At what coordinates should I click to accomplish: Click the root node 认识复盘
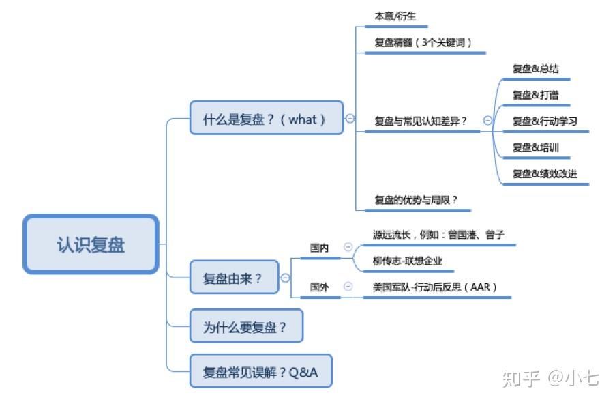(91, 244)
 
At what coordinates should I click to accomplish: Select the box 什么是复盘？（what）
(267, 118)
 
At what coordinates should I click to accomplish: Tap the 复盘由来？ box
(234, 277)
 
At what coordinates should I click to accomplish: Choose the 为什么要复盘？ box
(246, 326)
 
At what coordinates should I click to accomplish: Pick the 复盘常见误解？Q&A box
(261, 371)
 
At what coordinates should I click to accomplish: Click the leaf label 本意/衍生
(395, 16)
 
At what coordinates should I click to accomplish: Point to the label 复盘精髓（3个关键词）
(423, 42)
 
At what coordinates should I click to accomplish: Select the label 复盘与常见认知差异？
(421, 121)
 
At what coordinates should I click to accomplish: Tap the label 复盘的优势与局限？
(416, 200)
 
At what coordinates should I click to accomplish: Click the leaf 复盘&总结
(535, 69)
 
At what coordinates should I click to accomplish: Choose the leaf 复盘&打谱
(535, 95)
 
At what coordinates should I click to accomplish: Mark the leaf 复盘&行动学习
(545, 121)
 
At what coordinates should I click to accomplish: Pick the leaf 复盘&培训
(535, 147)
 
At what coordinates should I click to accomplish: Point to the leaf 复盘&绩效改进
(545, 173)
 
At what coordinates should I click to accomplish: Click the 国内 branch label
(319, 248)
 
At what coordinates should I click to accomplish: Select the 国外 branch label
(319, 287)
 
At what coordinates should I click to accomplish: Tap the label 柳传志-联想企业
(408, 261)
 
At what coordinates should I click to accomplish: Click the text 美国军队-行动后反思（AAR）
(435, 287)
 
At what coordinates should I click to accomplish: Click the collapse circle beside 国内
(348, 246)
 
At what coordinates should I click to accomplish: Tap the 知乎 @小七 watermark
(551, 378)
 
